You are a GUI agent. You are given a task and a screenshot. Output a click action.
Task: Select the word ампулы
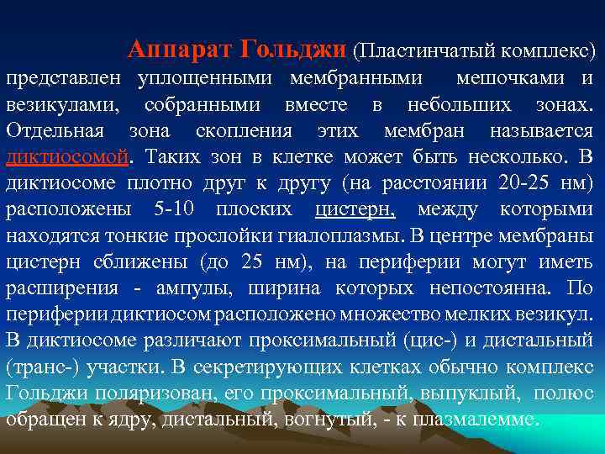(201, 288)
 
